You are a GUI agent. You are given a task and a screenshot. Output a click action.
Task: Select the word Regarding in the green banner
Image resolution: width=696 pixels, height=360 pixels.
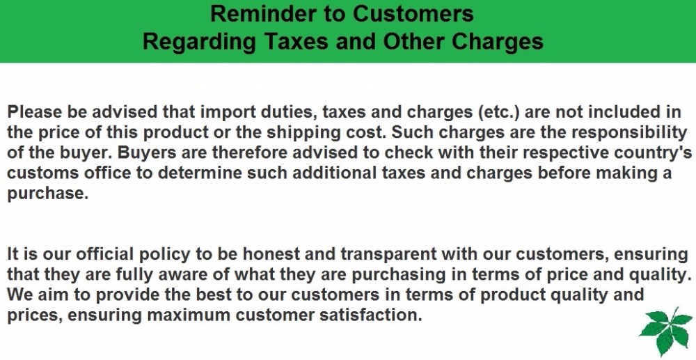(x=199, y=41)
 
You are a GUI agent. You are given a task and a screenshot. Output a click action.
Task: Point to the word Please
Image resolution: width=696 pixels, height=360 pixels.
(x=35, y=111)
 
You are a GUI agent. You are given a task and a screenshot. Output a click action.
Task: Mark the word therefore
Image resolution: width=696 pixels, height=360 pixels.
(x=254, y=152)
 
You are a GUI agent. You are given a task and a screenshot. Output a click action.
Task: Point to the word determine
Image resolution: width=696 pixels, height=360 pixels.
(x=200, y=173)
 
